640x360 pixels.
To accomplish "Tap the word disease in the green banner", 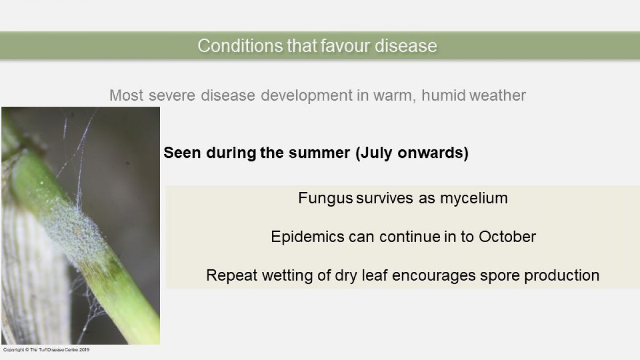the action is [x=406, y=46].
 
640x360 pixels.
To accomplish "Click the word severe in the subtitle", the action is [x=172, y=95].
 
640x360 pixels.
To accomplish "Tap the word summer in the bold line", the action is [x=319, y=153].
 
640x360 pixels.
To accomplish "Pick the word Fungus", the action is [x=325, y=198].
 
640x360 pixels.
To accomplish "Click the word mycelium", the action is [x=474, y=198].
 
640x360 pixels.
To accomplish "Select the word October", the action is [x=507, y=237].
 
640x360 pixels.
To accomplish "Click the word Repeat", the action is [x=231, y=276].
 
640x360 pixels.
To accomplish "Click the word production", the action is [x=562, y=276].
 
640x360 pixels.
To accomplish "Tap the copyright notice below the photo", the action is [x=46, y=350].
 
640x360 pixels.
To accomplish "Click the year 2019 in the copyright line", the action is [x=84, y=350].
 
